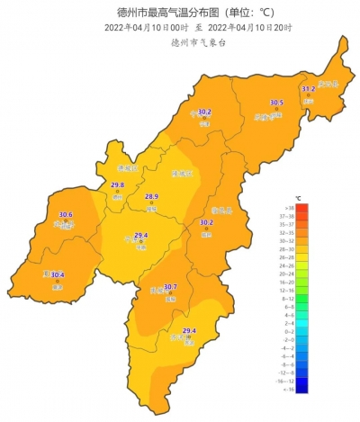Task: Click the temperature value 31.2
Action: tap(308, 89)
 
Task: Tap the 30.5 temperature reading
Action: tap(276, 103)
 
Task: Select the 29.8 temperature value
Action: tap(117, 185)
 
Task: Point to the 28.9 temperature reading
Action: tap(151, 197)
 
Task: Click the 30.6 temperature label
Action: tap(65, 214)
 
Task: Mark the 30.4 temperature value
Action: tap(58, 275)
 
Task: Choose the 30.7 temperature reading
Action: tap(170, 287)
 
